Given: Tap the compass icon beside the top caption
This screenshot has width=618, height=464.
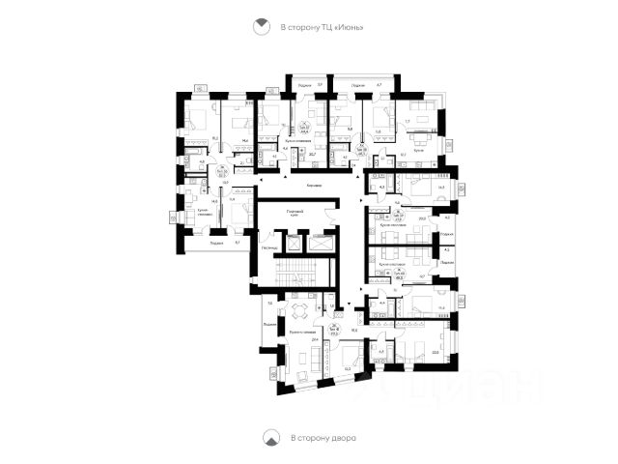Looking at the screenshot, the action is click(x=261, y=28).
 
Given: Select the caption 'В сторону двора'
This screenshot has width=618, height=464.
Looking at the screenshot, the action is click(x=323, y=438).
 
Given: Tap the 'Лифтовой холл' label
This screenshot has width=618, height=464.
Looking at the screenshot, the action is click(x=295, y=213).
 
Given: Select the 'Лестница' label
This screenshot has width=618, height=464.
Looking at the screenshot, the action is click(x=269, y=247).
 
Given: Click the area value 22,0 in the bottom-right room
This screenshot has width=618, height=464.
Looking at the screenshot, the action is click(x=435, y=353).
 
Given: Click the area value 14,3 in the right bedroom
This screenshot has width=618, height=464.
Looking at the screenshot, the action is click(x=440, y=188).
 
